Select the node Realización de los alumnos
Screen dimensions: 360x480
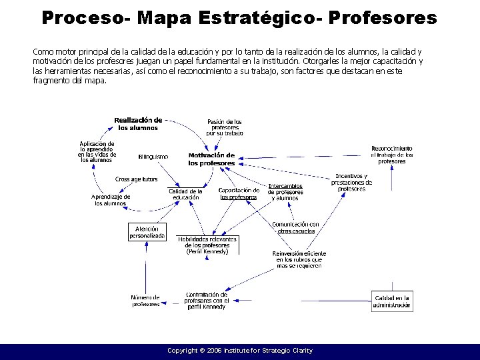point(138,123)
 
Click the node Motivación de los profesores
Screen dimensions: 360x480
point(211,159)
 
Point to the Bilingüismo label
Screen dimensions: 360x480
point(153,157)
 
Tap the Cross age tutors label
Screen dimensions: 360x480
point(136,179)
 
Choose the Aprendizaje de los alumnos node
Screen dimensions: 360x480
point(111,200)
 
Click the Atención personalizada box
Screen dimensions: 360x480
point(147,231)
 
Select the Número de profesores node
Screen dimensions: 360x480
point(145,300)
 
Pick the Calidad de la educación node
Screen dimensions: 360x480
point(185,194)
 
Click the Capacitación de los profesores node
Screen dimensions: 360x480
point(239,193)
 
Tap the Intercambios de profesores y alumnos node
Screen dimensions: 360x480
point(285,192)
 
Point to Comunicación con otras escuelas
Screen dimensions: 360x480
point(295,227)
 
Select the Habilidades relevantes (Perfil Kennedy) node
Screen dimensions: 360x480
point(207,245)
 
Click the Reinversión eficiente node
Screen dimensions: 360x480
point(299,259)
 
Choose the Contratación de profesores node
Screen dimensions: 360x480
point(206,300)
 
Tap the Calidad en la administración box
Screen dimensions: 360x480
point(392,301)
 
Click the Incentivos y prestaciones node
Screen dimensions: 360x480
point(351,182)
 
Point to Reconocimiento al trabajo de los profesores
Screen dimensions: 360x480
point(392,155)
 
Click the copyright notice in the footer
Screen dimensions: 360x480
point(240,351)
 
